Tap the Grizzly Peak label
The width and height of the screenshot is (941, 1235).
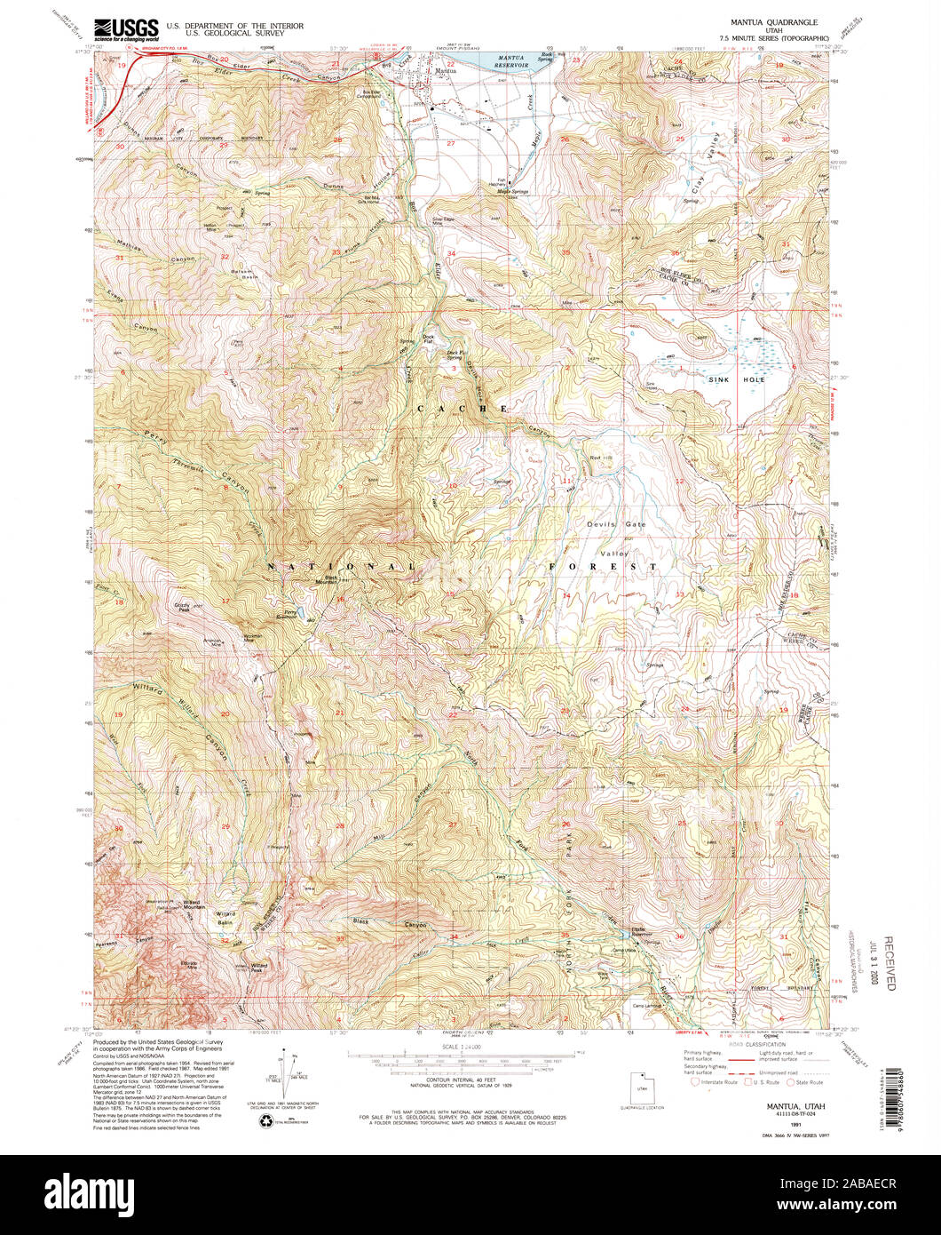183,607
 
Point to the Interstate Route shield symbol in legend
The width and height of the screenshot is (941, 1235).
694,1082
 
